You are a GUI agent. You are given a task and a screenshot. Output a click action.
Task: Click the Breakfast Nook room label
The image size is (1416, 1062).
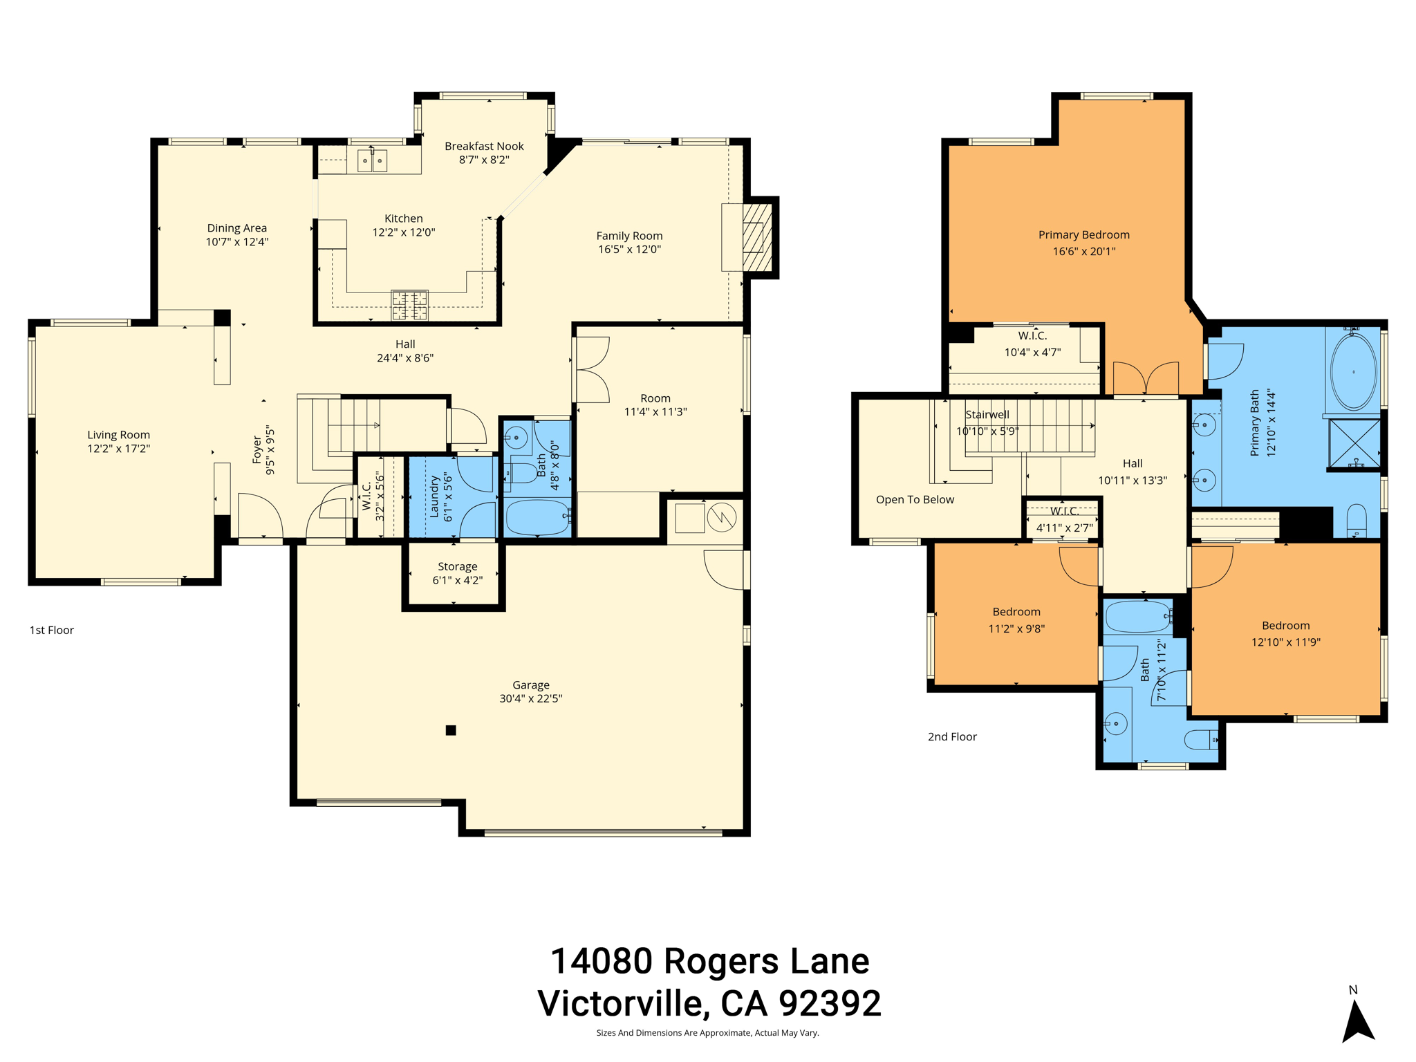coord(484,146)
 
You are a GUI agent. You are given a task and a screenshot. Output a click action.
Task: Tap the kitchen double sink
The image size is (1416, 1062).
coord(372,160)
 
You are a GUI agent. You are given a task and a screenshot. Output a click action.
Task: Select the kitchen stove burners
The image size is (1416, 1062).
coord(409,306)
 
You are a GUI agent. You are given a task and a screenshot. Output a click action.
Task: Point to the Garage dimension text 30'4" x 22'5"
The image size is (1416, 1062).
coord(530,698)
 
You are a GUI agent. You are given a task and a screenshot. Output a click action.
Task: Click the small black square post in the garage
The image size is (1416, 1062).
coord(451,730)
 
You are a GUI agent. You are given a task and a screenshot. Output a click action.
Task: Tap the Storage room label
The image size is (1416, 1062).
coord(457,566)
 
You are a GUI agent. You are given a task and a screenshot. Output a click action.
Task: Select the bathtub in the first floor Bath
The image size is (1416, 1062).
coord(537,517)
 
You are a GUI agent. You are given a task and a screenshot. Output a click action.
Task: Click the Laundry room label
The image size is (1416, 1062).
coord(435,496)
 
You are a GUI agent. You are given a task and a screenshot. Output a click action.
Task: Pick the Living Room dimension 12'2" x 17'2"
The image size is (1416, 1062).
coord(118,448)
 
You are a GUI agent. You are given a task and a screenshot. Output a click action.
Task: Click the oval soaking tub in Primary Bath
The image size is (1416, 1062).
coord(1353,372)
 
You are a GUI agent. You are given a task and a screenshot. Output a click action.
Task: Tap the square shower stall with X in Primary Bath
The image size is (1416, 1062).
coord(1354,442)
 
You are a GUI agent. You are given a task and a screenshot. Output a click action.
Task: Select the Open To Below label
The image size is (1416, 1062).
coord(914,499)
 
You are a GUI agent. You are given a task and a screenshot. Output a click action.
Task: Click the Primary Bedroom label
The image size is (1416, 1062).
coord(1083,234)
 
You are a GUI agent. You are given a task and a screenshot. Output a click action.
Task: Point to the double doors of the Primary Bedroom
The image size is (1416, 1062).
coord(1145,379)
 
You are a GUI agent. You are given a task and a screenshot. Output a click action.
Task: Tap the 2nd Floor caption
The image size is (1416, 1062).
coord(951,736)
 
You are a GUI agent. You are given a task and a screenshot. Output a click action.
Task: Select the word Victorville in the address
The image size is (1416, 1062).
coord(623,1003)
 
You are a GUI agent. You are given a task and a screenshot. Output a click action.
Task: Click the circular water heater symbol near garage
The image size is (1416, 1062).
coord(721,517)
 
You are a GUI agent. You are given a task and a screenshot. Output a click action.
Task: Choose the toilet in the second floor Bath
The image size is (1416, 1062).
coord(1202,740)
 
